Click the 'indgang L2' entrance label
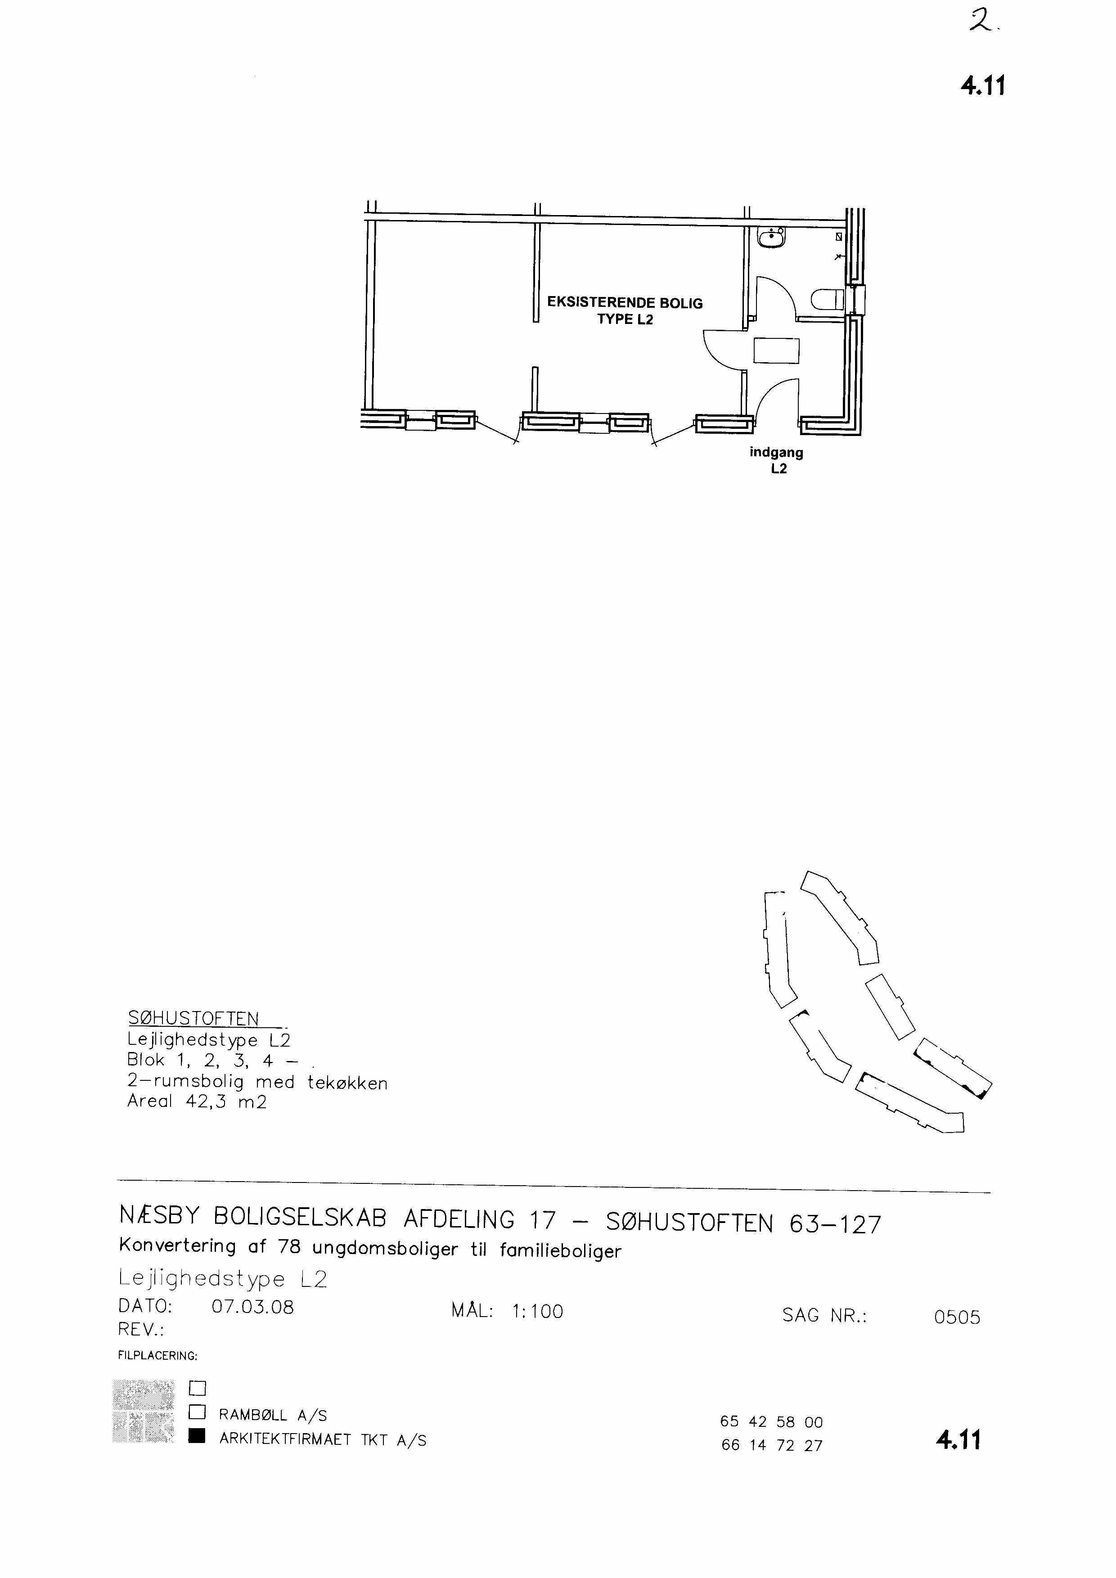(x=777, y=460)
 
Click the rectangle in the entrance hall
(x=777, y=351)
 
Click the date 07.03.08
(x=253, y=1307)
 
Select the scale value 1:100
(x=537, y=1311)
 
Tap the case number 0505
(x=957, y=1317)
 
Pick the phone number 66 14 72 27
(x=772, y=1445)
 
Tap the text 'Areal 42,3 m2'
(x=197, y=1101)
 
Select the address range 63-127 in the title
(x=835, y=1224)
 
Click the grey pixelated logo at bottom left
(x=143, y=1411)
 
